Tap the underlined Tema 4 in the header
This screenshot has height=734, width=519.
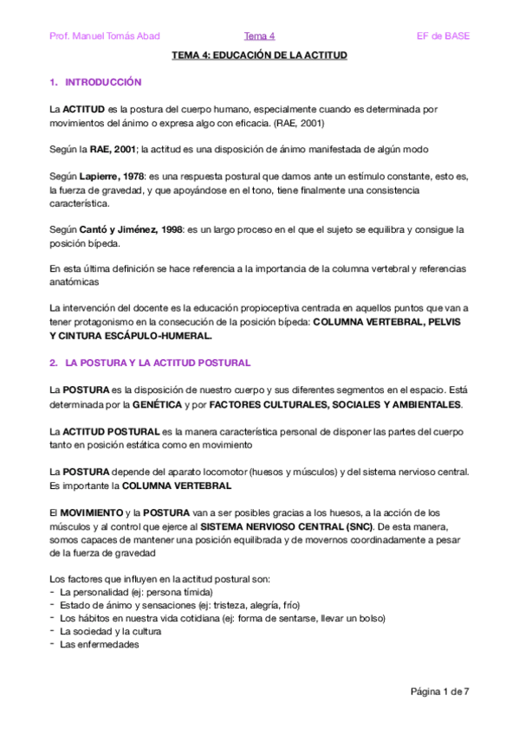coord(259,35)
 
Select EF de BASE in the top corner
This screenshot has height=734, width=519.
coord(444,35)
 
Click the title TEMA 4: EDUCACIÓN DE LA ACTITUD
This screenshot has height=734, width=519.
coord(259,55)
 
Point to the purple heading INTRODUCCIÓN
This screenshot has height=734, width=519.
coord(103,82)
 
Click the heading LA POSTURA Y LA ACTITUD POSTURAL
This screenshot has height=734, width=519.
coord(158,361)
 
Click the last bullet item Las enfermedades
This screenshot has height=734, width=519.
coord(98,644)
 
